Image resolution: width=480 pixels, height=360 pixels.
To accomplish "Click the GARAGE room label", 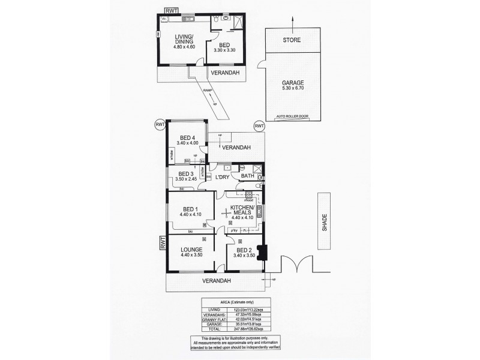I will click(x=292, y=83).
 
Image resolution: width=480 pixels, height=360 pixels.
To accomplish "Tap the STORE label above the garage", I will click(x=293, y=40).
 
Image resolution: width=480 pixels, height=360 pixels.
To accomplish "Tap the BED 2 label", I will click(x=242, y=250).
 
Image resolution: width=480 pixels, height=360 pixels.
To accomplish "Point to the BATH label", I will click(x=248, y=176).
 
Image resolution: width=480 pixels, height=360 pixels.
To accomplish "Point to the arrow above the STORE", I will click(x=293, y=20).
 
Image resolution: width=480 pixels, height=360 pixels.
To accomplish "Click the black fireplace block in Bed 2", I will click(x=260, y=252).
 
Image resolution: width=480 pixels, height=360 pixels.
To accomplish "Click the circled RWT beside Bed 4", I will click(x=160, y=124).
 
